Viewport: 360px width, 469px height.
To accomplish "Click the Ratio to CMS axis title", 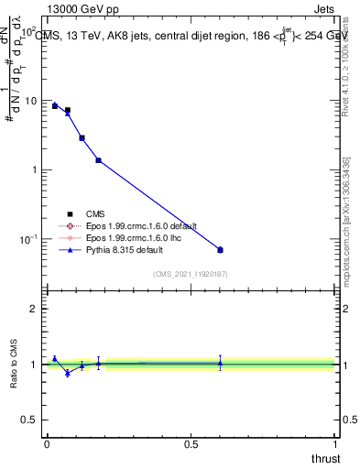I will pos(15,364).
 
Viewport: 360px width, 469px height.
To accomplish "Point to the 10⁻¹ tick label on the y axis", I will pos(27,239).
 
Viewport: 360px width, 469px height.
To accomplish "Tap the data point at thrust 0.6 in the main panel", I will pos(220,249).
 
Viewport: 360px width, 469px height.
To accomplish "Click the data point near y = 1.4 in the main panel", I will pos(98,160).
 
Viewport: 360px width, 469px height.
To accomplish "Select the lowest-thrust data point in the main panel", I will pos(55,105).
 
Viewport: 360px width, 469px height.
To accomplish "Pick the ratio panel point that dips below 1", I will pos(68,373).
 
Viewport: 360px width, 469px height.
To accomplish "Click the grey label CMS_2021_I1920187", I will pos(190,273).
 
